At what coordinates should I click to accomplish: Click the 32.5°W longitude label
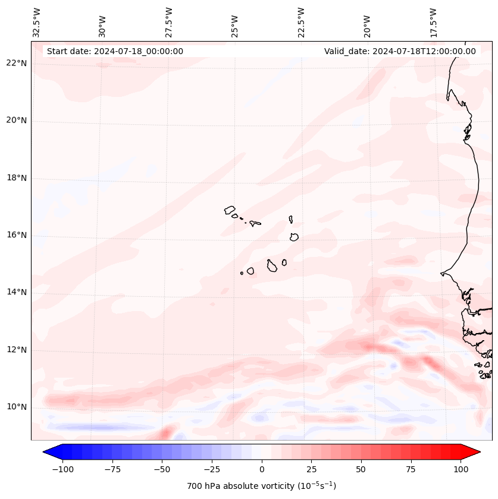point(37,22)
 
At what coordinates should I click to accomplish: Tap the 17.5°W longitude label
point(433,22)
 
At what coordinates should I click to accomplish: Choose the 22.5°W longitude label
point(301,22)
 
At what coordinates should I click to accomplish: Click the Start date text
point(115,51)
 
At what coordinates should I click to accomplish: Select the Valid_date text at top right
point(400,51)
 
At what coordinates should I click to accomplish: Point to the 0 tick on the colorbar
point(262,469)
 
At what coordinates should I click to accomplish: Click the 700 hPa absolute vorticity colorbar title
point(262,486)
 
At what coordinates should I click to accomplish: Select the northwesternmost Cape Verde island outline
point(230,209)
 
